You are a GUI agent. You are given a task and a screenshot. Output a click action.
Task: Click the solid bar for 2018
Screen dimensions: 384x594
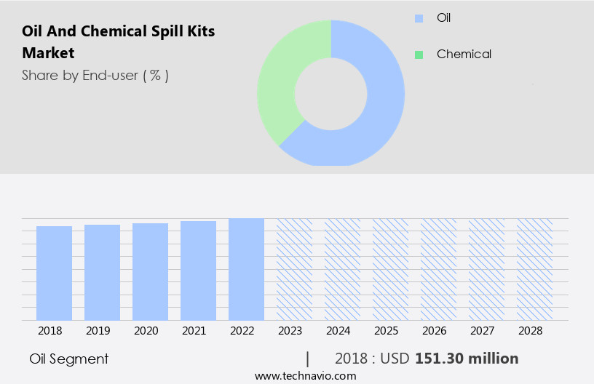[54, 273]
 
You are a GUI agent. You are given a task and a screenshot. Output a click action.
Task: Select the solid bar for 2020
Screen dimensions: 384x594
[150, 271]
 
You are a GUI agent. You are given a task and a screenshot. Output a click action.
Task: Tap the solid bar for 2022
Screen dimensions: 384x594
[246, 269]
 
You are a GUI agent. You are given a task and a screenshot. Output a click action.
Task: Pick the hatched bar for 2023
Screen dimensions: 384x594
[294, 269]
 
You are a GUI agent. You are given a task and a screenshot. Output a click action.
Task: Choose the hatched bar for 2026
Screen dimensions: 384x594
[438, 269]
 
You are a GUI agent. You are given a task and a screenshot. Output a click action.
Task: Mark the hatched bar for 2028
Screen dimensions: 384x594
[534, 269]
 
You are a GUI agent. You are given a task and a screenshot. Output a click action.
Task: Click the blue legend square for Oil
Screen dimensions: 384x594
[419, 18]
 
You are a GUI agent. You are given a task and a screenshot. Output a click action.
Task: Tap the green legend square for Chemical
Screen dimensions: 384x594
[419, 55]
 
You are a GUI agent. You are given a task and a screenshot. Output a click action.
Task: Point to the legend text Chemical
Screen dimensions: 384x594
[464, 55]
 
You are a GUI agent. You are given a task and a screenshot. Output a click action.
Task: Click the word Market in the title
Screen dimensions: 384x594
[48, 53]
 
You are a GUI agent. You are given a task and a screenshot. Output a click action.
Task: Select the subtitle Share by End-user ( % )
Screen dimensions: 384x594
[95, 75]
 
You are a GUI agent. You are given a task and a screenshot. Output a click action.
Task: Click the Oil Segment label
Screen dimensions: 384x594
[69, 359]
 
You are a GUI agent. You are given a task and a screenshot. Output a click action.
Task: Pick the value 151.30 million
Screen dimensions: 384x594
[467, 359]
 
